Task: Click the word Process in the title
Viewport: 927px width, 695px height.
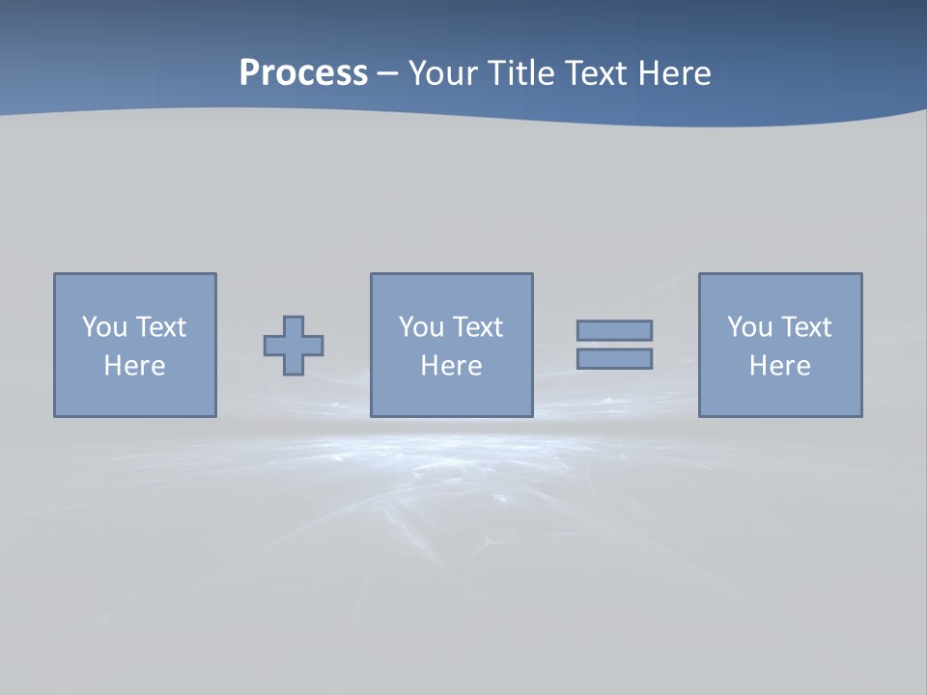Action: [x=303, y=73]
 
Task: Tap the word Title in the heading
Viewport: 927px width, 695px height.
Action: [x=520, y=73]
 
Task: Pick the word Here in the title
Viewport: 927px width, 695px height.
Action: [x=675, y=73]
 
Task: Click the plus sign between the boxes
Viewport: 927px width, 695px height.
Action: [x=294, y=345]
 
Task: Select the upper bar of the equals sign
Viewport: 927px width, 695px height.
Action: [x=614, y=330]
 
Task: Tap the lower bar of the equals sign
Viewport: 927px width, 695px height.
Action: [x=614, y=358]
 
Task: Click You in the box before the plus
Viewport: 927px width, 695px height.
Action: [x=104, y=327]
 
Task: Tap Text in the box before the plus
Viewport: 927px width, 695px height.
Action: [x=159, y=327]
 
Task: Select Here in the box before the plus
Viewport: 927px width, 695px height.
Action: [x=135, y=366]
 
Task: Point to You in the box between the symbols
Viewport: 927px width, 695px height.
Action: [x=421, y=327]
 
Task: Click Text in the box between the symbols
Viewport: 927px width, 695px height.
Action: [x=476, y=327]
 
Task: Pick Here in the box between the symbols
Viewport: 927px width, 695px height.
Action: [x=452, y=366]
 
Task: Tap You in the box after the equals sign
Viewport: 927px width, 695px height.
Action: [x=749, y=327]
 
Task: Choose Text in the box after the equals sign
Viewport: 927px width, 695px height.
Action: [x=804, y=327]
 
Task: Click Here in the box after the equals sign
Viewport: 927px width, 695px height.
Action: [x=780, y=366]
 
